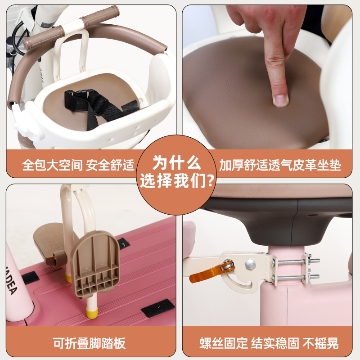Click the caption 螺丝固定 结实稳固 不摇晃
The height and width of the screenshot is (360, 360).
(269, 344)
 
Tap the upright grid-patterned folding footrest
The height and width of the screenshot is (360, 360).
(95, 265)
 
